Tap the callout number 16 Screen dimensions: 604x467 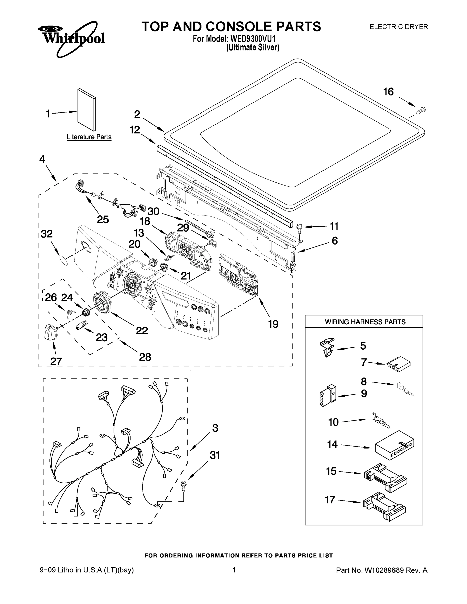click(x=388, y=92)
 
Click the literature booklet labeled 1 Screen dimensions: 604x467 click(x=87, y=109)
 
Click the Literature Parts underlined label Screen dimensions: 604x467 click(x=89, y=137)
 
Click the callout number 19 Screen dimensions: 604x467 click(x=273, y=324)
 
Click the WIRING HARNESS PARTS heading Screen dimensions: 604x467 click(x=365, y=322)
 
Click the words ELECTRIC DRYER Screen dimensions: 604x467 click(x=399, y=27)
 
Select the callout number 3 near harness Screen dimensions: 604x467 click(x=215, y=428)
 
